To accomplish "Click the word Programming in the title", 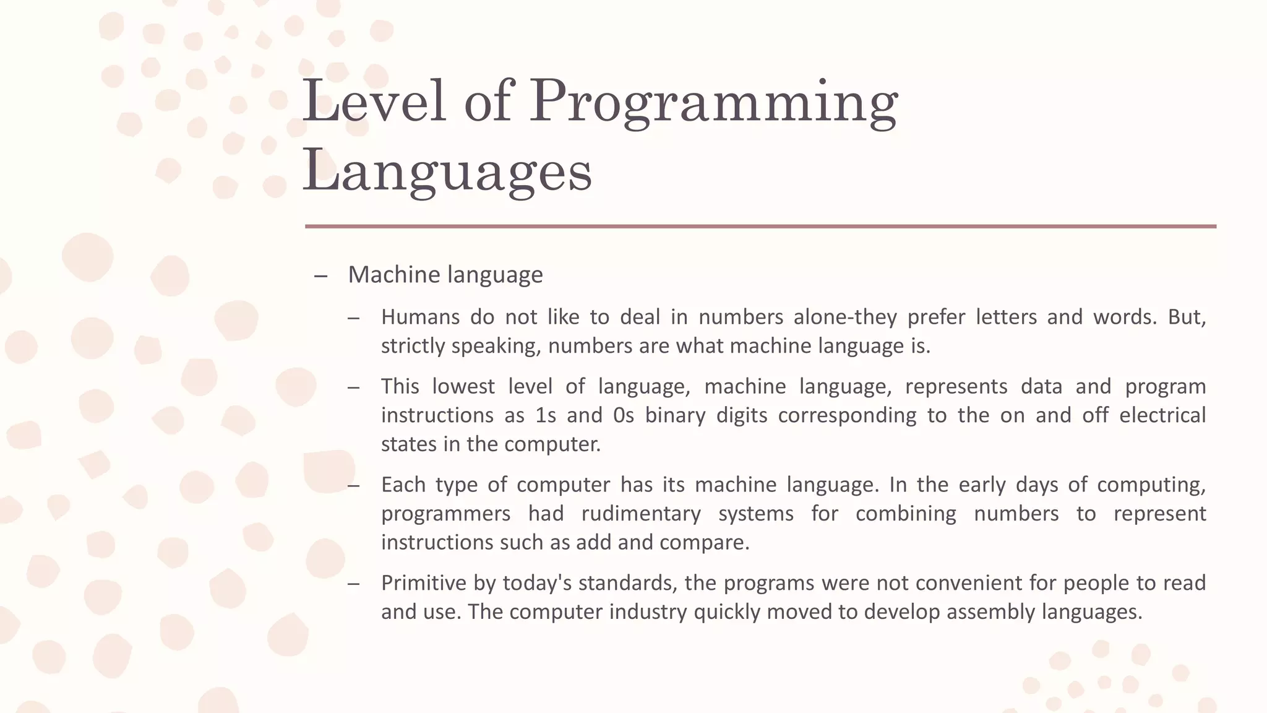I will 713,102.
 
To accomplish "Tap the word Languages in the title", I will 447,171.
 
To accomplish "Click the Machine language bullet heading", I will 445,275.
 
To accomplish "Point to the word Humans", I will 420,318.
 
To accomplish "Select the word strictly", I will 413,346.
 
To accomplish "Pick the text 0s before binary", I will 624,415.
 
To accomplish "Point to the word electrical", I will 1162,415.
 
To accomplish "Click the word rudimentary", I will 641,514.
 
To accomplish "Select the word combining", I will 906,514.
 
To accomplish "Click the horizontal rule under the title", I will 760,227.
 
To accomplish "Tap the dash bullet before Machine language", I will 320,276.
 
